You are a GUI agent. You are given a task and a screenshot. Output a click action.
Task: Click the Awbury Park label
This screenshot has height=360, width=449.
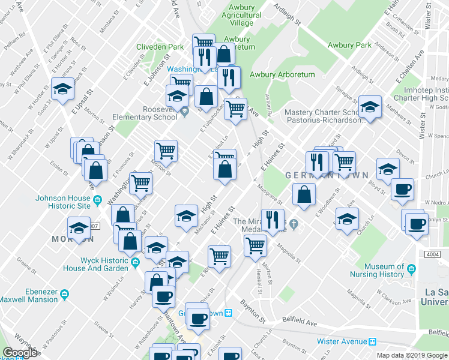coord(349,45)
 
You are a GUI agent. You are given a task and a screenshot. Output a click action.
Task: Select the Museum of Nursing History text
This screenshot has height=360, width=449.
coord(376,270)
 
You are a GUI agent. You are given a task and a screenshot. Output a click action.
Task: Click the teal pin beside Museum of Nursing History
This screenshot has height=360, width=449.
coord(411,267)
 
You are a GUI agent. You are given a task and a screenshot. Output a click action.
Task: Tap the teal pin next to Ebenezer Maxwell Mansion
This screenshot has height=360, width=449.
coord(64,294)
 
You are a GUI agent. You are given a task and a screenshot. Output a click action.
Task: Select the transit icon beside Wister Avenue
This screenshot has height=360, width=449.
coord(372,341)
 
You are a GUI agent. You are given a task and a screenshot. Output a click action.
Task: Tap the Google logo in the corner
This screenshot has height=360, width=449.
coord(20,353)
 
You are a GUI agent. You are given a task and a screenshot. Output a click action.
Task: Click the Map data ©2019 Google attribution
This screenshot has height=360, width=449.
coord(412,355)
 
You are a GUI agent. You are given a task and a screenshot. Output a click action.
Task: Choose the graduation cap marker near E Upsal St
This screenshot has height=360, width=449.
coord(63,89)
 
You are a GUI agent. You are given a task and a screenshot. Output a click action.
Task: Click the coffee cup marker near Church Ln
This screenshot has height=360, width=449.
coord(402,190)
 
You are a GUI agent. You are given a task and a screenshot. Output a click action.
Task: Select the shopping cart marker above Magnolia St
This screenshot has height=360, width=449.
coord(256,245)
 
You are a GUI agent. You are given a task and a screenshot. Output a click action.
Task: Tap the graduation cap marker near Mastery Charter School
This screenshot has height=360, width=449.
coord(370,107)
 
